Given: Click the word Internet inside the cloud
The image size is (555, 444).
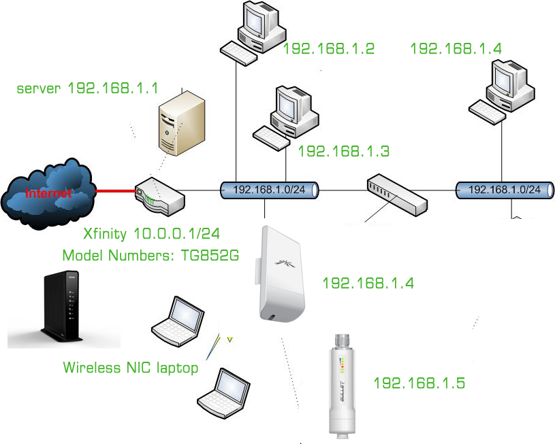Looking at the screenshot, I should coord(48,193).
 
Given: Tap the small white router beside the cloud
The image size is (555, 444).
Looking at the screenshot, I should coord(158,194).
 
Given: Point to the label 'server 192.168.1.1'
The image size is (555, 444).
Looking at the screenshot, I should coord(87,88).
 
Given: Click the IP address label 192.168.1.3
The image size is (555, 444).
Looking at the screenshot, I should coord(343,151).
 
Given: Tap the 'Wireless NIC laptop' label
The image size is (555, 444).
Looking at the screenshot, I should coord(130,368).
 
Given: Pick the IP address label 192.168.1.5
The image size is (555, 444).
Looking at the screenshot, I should coord(419,383).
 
